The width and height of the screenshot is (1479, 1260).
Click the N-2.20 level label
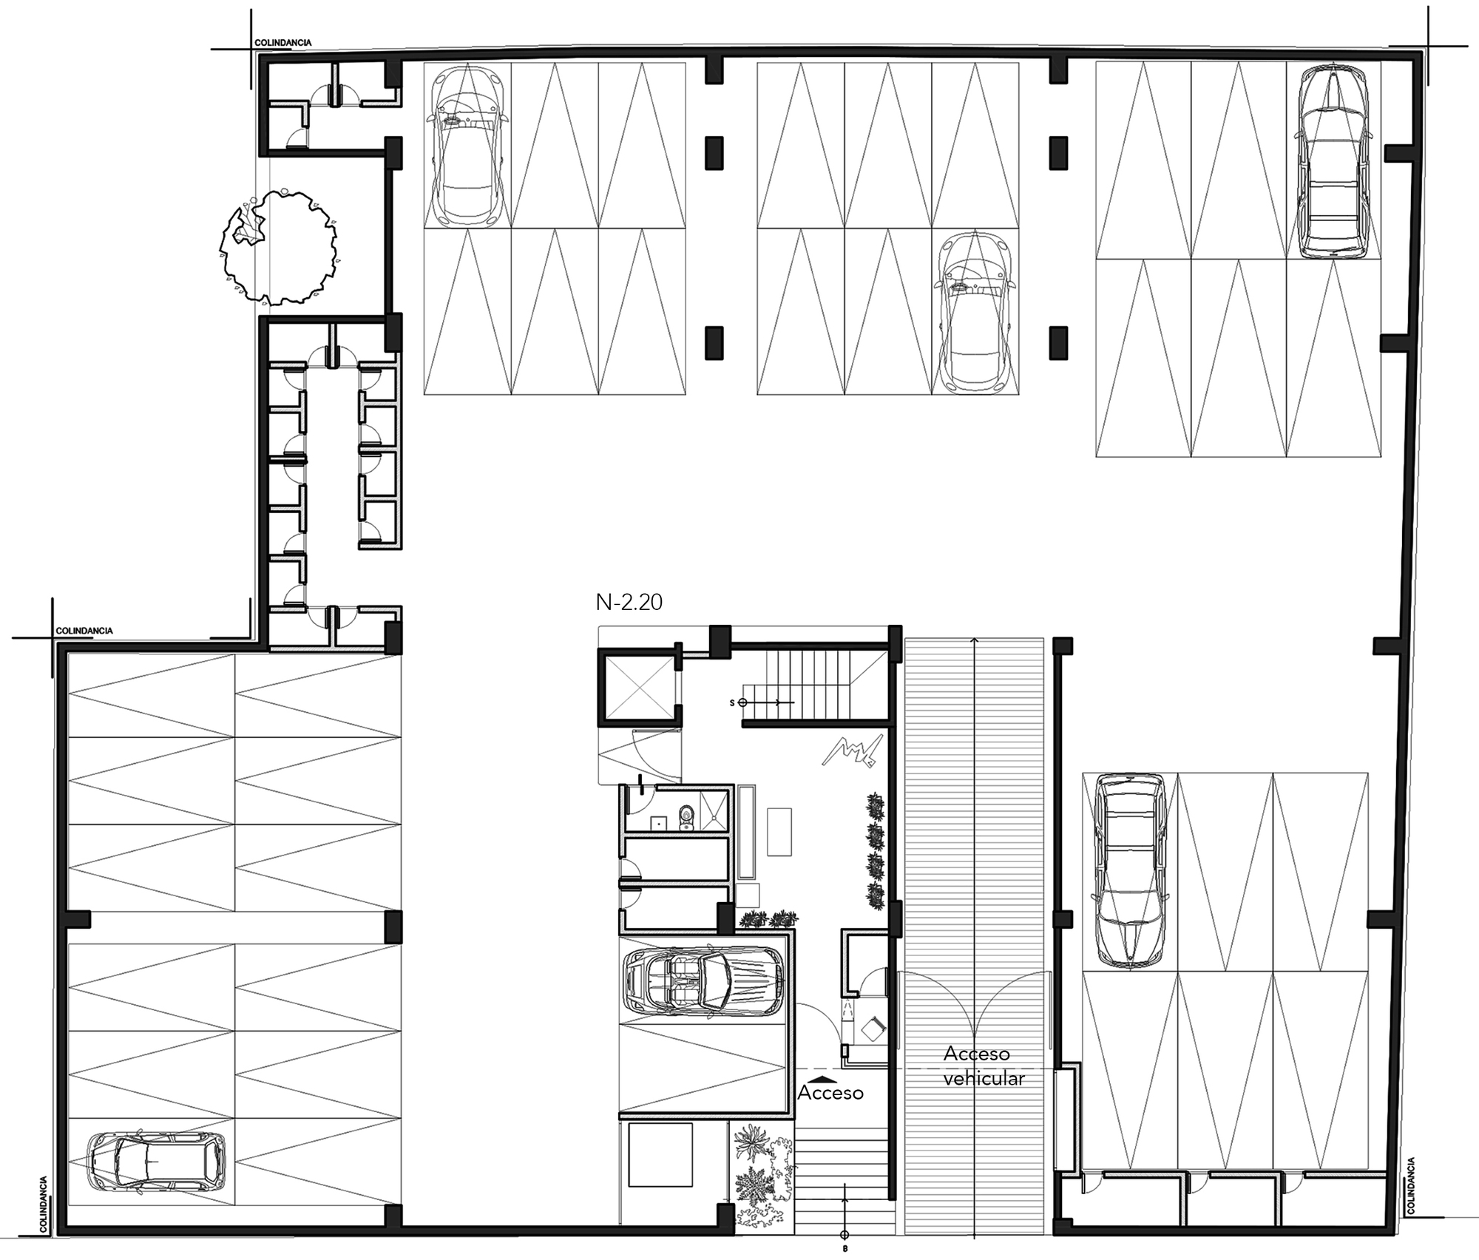[x=629, y=603]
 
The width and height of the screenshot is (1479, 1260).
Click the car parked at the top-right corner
[x=1333, y=162]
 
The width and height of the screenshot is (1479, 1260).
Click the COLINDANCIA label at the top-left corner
[x=282, y=43]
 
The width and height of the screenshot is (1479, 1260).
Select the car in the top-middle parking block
[x=975, y=311]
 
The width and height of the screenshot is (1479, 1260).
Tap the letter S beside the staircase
[x=732, y=703]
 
